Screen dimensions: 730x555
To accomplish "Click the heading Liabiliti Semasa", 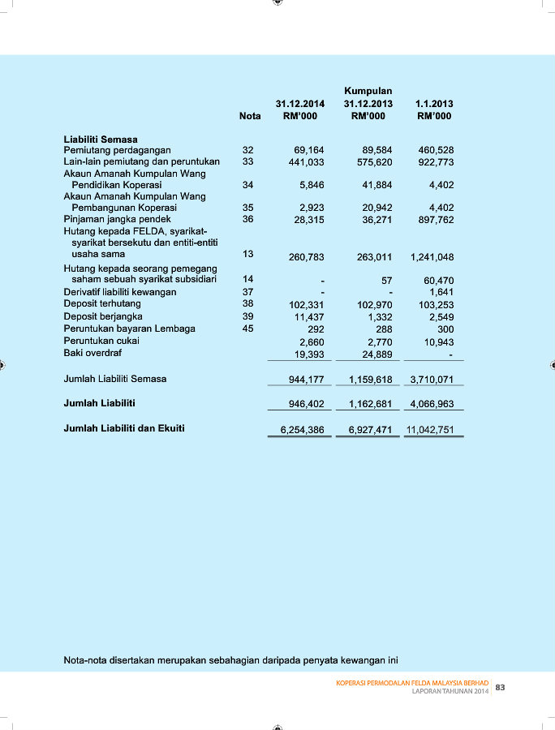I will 101,140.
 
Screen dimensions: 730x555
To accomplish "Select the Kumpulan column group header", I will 368,92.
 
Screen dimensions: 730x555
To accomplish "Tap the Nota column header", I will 250,117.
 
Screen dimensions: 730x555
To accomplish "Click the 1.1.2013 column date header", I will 433,105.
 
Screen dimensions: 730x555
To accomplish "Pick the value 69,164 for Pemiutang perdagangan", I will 308,151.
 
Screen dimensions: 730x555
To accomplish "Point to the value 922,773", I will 436,162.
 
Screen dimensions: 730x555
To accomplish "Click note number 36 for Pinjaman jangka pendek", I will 248,219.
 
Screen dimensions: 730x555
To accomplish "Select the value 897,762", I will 436,219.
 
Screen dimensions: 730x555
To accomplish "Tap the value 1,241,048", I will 432,257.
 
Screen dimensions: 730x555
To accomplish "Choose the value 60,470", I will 438,281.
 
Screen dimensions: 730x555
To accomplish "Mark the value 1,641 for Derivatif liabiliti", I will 441,292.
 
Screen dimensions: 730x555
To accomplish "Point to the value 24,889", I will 376,354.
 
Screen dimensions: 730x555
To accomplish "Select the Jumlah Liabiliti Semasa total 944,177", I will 306,380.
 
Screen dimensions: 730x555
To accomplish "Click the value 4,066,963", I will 432,403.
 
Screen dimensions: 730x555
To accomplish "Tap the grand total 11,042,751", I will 430,429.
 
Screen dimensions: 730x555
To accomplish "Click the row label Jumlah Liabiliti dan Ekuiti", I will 124,427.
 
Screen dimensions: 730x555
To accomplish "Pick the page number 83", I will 500,688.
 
